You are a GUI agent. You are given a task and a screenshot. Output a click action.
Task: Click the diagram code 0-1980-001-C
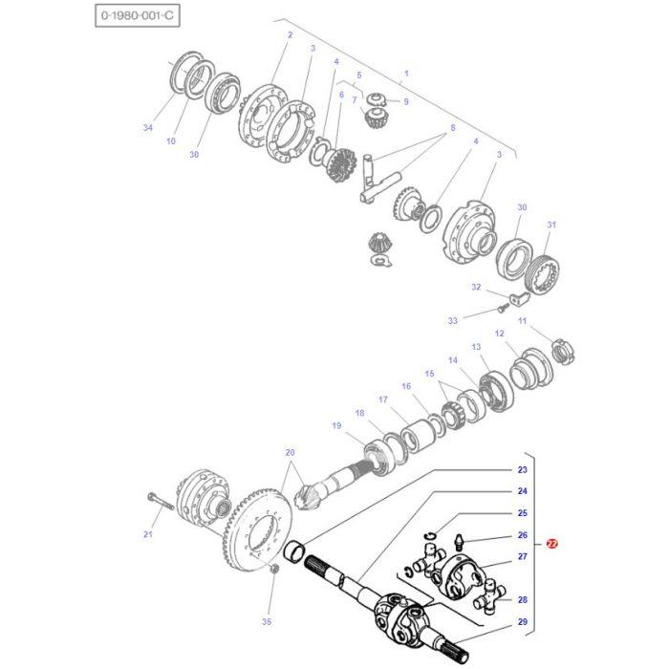pos(136,16)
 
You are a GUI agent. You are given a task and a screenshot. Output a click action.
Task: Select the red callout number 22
pos(551,544)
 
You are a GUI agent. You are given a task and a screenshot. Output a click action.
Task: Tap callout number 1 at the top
pos(406,74)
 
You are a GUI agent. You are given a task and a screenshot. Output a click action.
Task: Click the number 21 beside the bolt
pos(147,535)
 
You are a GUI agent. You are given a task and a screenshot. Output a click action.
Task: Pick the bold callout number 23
pos(522,470)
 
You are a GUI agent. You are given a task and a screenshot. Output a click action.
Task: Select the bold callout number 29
pos(522,623)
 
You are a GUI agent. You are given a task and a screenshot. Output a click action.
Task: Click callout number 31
pos(550,226)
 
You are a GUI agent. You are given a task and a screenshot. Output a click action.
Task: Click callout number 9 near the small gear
pos(405,102)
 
